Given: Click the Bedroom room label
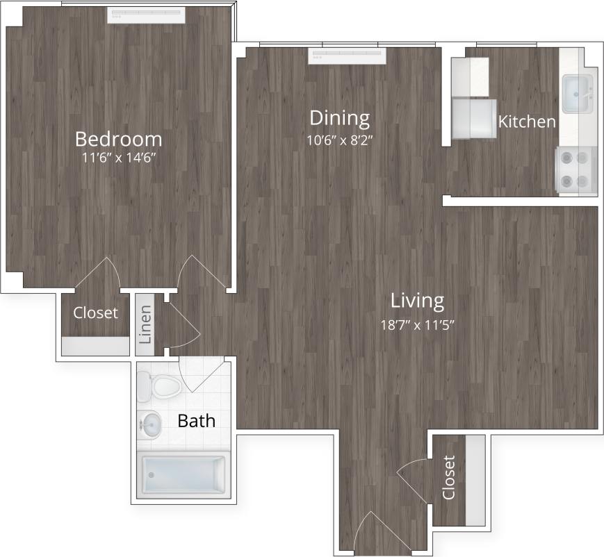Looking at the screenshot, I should (x=118, y=138).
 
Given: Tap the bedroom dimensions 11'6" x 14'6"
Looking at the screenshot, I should (x=118, y=158).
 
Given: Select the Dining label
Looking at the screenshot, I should (x=339, y=117).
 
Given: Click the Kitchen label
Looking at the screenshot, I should (x=527, y=122).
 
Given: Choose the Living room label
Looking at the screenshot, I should (x=417, y=301).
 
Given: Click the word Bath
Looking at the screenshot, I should (x=196, y=420).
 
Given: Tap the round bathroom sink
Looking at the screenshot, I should (x=151, y=424).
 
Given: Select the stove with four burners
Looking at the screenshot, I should (x=576, y=169).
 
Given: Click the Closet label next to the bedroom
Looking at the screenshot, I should (x=95, y=313).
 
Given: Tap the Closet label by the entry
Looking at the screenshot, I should (x=448, y=478).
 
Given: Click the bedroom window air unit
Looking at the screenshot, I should (x=145, y=15).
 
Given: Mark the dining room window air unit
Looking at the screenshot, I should (x=348, y=56).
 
